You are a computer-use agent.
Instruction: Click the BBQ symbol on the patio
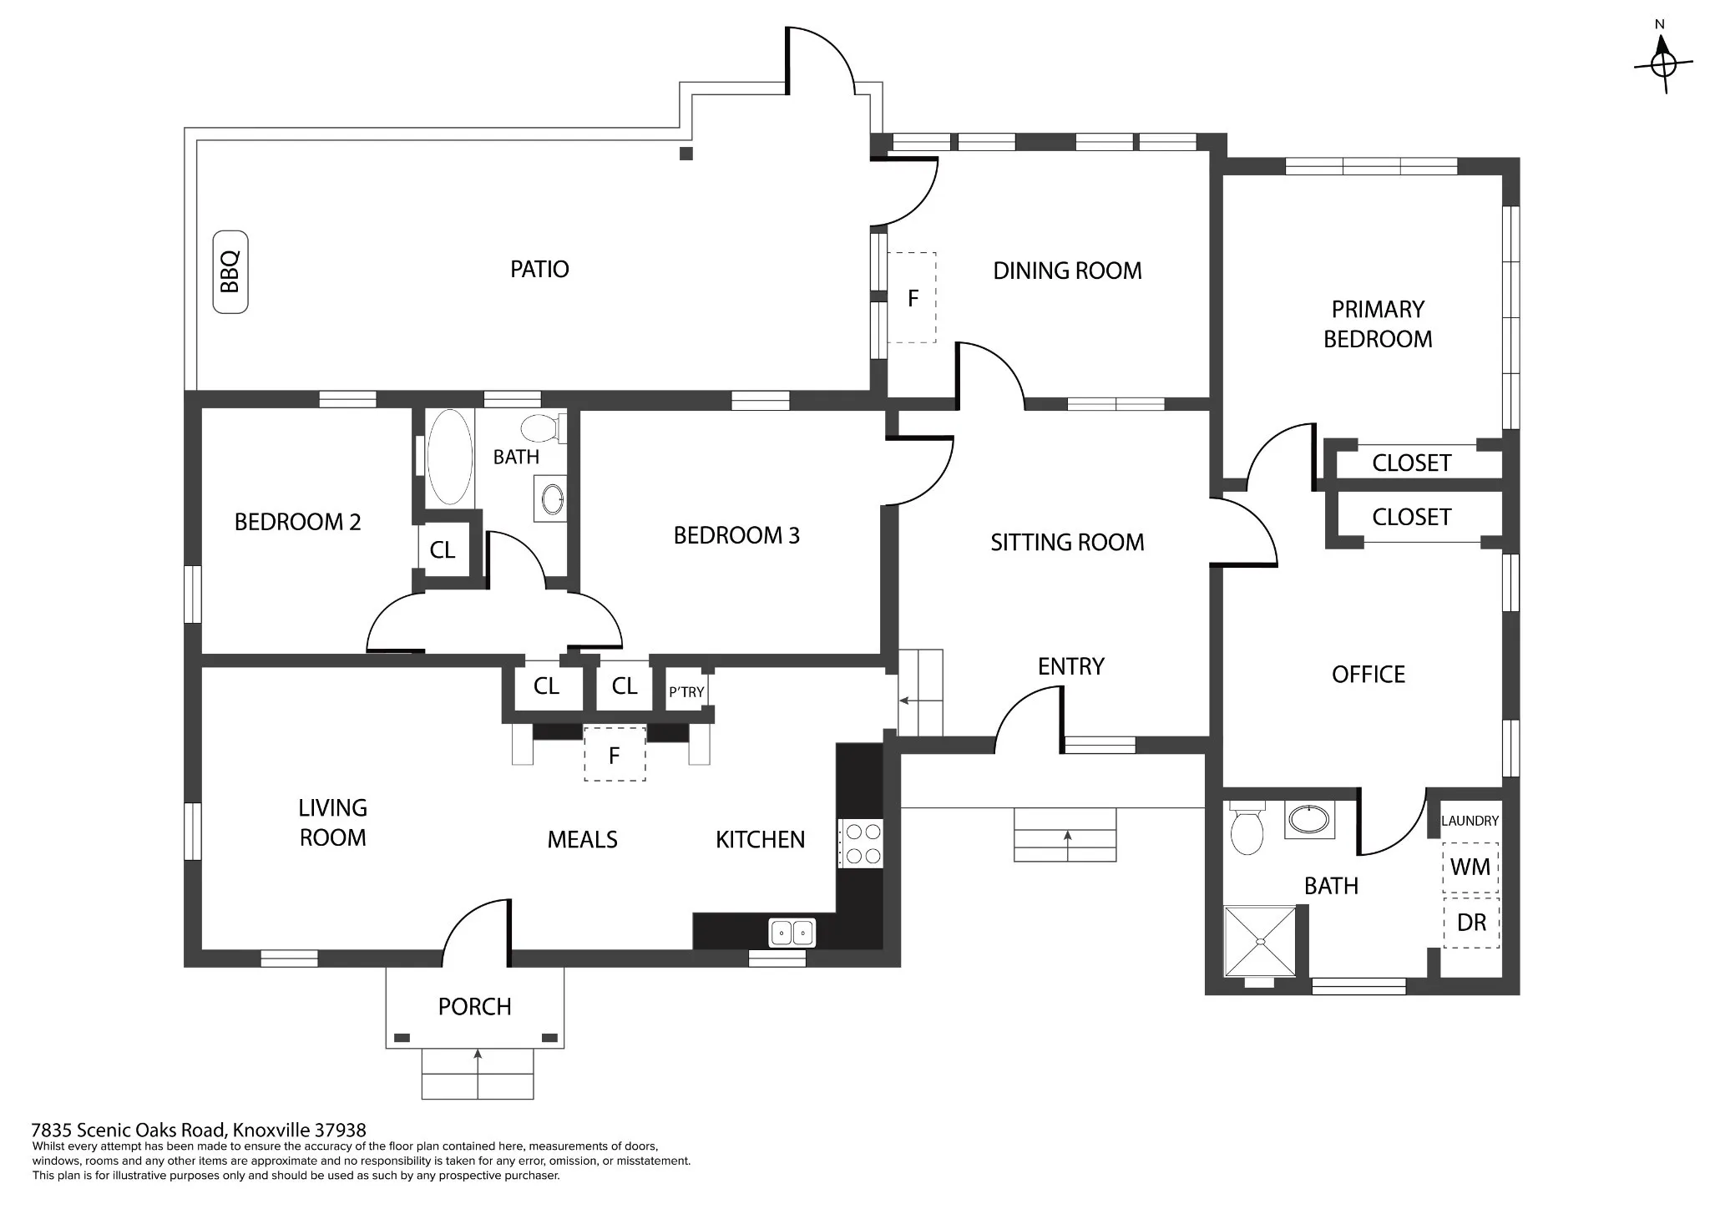click(230, 272)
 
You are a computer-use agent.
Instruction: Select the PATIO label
click(539, 269)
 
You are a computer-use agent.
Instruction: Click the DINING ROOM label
click(1067, 271)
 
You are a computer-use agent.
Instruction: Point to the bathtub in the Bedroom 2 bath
click(449, 457)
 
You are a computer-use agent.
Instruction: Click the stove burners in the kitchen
click(860, 843)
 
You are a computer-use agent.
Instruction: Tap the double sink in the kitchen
click(792, 932)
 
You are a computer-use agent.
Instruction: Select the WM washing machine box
click(1470, 868)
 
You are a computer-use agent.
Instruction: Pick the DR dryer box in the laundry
click(1470, 923)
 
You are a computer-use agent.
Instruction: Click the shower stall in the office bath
click(1261, 940)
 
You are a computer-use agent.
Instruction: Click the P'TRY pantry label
click(686, 692)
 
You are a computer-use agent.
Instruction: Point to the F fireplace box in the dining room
click(911, 297)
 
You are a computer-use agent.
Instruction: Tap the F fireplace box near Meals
click(615, 754)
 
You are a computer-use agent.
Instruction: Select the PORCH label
click(474, 1007)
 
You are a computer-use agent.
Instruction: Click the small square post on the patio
click(686, 154)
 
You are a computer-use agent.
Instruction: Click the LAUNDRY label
click(1470, 821)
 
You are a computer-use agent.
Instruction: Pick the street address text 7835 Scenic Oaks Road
click(129, 1131)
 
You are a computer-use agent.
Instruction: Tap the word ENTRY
click(1071, 666)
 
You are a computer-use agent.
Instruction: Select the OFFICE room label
click(1369, 675)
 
